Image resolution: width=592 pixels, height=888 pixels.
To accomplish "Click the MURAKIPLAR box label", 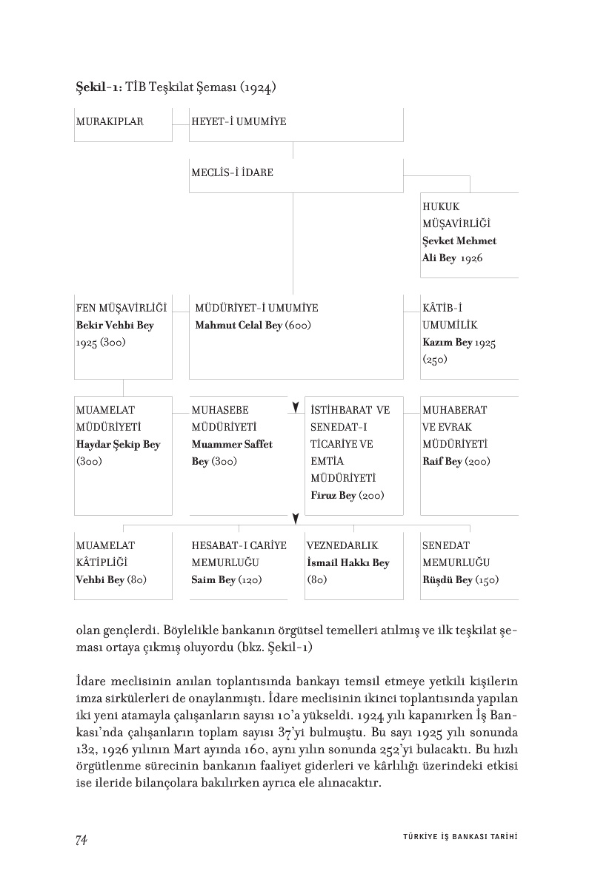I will click(x=110, y=121).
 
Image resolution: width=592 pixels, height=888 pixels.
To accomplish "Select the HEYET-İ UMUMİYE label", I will click(x=239, y=121).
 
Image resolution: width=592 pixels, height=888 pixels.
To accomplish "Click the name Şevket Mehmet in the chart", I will click(x=459, y=240).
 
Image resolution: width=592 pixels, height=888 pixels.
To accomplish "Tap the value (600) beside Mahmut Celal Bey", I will click(x=298, y=326).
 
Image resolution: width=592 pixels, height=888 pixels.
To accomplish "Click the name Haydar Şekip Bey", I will click(x=119, y=445).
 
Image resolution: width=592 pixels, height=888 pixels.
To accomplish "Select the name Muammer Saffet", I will click(x=232, y=445).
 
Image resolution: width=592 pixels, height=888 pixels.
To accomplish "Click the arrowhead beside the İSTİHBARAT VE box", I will click(x=296, y=408).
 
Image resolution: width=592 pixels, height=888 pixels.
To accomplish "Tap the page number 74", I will click(x=82, y=839).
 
